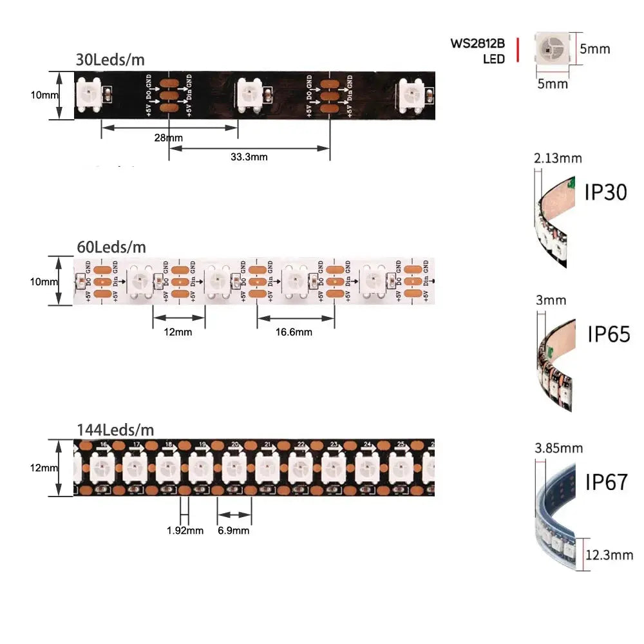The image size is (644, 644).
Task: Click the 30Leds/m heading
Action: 110,60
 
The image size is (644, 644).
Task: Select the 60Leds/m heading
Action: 111,247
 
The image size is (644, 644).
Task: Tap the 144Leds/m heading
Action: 115,430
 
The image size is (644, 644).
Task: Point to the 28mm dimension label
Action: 169,138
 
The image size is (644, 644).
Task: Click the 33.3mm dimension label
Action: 249,156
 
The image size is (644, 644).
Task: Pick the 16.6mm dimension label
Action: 294,332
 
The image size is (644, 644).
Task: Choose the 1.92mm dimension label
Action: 185,531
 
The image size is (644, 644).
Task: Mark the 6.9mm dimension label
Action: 233,531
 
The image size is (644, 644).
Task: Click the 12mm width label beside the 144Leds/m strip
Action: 44,468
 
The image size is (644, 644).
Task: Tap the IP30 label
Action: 605,191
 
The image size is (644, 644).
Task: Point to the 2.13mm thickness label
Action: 558,158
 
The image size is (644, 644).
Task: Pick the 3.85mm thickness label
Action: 558,448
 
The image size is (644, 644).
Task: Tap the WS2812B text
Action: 477,44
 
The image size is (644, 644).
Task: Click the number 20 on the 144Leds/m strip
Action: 234,444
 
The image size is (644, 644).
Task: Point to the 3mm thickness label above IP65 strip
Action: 551,300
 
